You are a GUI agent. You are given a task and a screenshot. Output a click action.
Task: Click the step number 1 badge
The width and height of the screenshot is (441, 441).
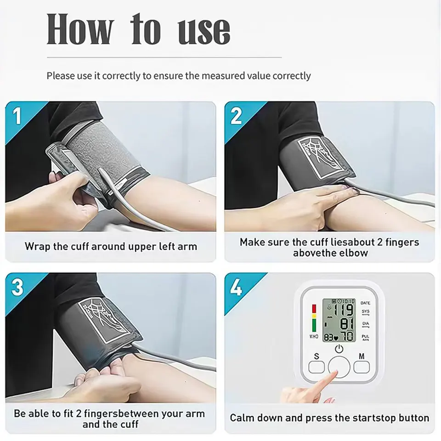[17, 116]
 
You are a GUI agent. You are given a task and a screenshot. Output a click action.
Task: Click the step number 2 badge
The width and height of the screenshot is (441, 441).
[236, 116]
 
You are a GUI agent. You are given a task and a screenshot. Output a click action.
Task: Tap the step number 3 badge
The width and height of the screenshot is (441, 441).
[17, 287]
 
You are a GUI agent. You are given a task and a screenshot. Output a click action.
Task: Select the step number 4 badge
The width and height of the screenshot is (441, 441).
[236, 287]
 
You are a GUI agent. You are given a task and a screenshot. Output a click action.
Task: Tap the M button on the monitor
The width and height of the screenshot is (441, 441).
[362, 367]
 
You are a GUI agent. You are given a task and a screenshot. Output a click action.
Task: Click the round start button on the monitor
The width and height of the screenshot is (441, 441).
[339, 367]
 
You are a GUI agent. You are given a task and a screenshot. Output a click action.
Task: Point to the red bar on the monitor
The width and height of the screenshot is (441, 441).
[314, 309]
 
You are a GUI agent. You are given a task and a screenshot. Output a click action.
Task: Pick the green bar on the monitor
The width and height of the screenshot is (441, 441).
[314, 326]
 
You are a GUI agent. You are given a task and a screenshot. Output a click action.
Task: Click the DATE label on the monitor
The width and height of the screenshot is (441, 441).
[365, 303]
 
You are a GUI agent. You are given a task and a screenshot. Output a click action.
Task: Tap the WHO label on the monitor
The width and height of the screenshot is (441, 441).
[314, 336]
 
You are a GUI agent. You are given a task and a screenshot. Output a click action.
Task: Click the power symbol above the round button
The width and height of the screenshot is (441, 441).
[339, 349]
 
